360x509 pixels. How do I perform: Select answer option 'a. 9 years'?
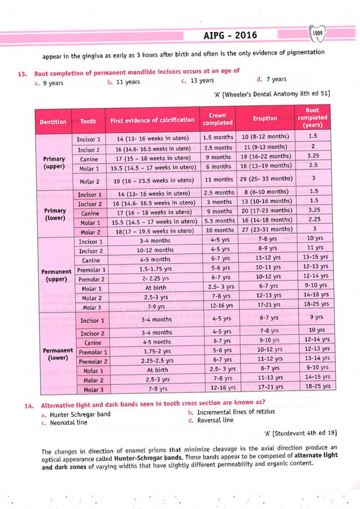tap(48, 82)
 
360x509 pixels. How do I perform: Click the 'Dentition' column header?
tap(53, 121)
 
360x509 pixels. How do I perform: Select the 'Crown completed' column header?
tap(217, 119)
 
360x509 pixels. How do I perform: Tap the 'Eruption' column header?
tap(265, 119)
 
